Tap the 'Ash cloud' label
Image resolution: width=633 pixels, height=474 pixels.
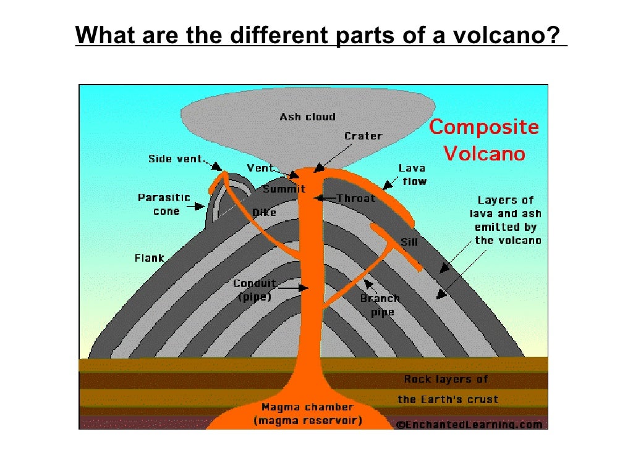tap(307, 117)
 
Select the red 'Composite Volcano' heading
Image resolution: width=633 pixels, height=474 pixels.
tap(484, 140)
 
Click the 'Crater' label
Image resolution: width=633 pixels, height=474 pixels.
tap(363, 136)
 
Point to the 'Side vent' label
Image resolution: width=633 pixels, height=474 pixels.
tap(175, 159)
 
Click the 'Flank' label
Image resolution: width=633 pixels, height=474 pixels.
tap(150, 258)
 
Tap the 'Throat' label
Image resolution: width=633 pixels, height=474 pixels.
tap(355, 198)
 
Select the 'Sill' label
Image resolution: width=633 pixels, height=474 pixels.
tap(409, 242)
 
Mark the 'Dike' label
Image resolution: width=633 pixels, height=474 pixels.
tap(264, 213)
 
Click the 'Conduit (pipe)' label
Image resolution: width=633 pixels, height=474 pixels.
tap(254, 290)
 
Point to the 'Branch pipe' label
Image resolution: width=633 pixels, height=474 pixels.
tap(380, 305)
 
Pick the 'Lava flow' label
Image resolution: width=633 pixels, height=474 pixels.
tap(413, 175)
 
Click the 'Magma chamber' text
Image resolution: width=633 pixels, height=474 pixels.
tap(307, 407)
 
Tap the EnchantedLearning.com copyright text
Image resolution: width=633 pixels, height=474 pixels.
tap(470, 425)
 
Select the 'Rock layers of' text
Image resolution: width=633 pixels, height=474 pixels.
tap(446, 379)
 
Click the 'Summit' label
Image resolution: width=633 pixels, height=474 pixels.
tap(284, 189)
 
